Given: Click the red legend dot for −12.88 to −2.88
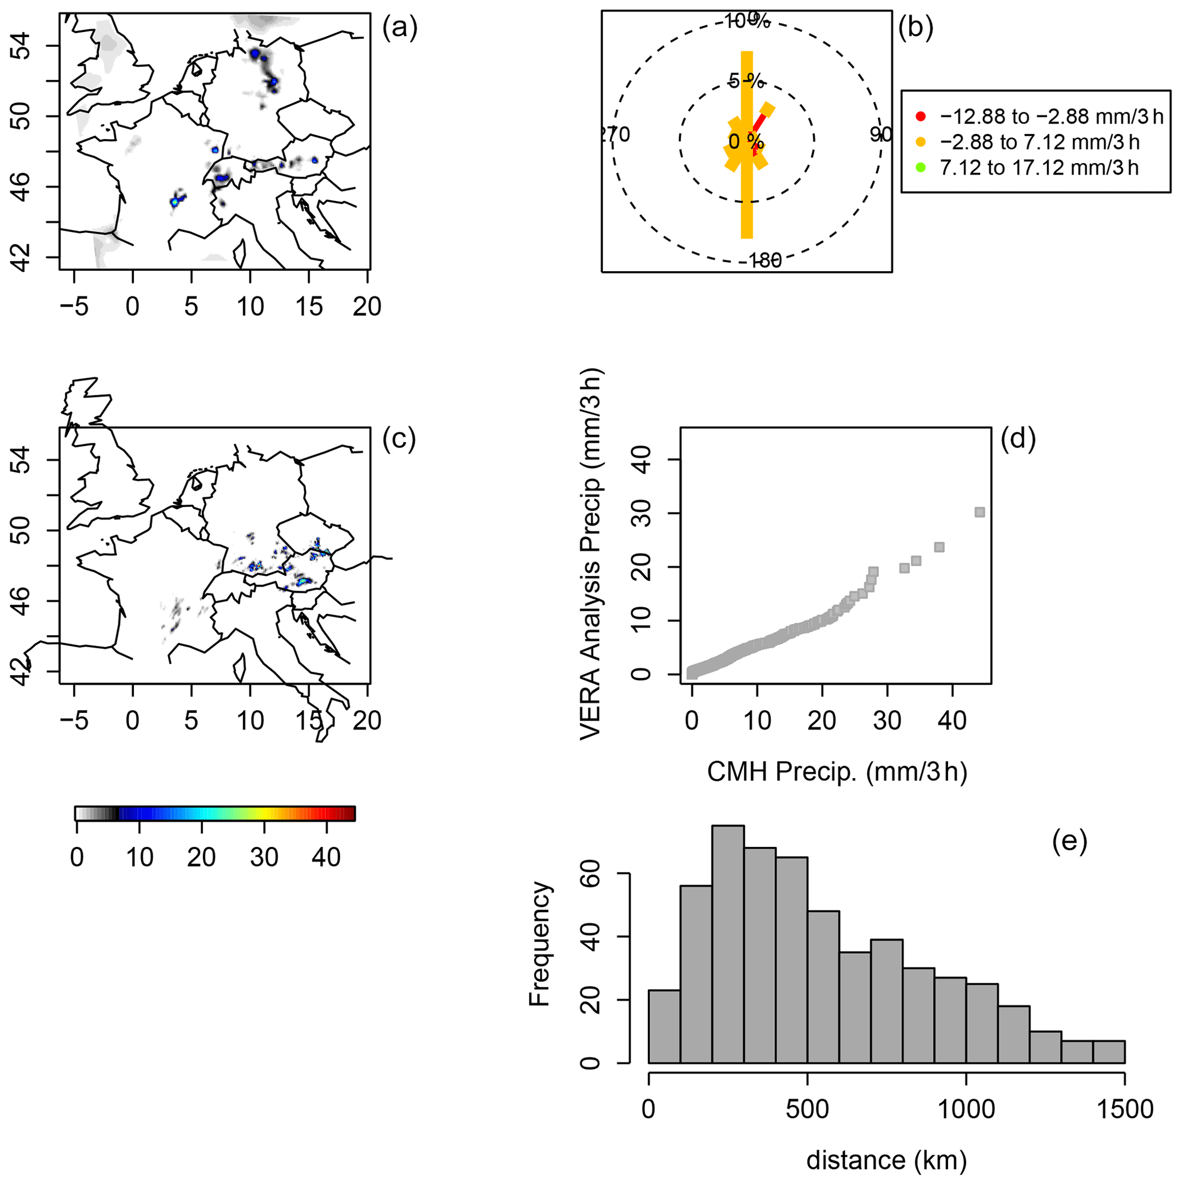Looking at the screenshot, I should (920, 117).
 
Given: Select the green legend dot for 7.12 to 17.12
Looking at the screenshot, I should (920, 168).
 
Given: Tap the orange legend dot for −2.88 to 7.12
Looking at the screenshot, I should (920, 142).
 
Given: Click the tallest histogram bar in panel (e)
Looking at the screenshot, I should (728, 945).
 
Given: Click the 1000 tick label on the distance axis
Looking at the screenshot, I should (966, 1109).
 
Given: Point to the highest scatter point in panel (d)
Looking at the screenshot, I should (980, 512).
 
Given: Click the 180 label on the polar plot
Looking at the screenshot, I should (765, 261).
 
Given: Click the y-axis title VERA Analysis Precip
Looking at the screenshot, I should (591, 554).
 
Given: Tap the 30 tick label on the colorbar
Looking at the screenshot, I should (264, 858).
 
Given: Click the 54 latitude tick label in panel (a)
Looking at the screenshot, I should (23, 46).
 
